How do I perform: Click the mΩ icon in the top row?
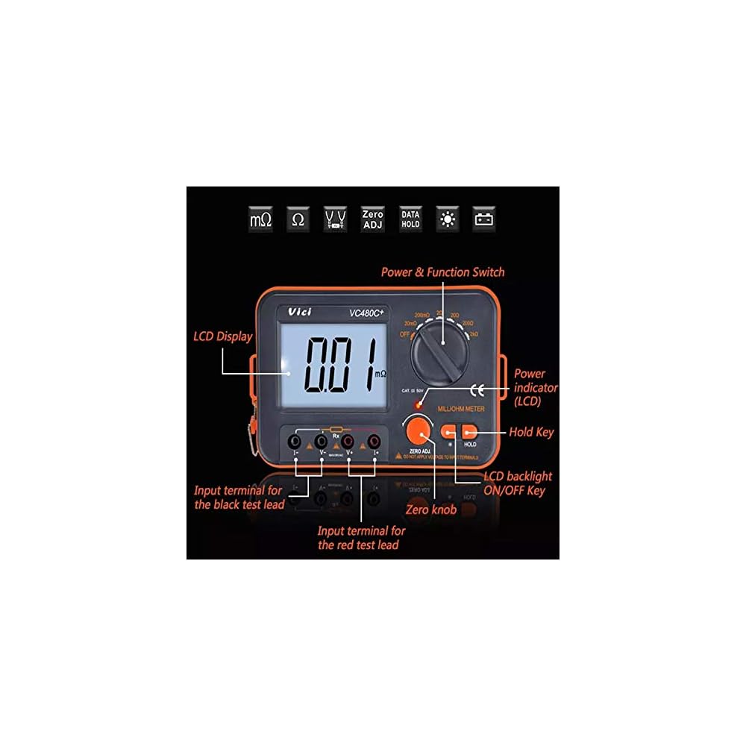(x=261, y=219)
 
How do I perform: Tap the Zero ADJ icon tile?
(x=372, y=219)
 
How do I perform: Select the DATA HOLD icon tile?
(x=410, y=219)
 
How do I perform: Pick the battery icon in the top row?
(x=485, y=219)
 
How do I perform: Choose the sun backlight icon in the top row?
(x=448, y=219)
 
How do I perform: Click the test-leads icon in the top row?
(x=335, y=219)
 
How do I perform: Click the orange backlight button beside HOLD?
(x=450, y=431)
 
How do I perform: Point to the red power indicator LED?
(x=421, y=404)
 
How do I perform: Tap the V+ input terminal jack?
(x=348, y=440)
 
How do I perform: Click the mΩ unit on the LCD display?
(x=380, y=372)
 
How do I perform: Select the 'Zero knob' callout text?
(x=430, y=510)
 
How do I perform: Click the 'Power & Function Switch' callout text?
(x=442, y=272)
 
